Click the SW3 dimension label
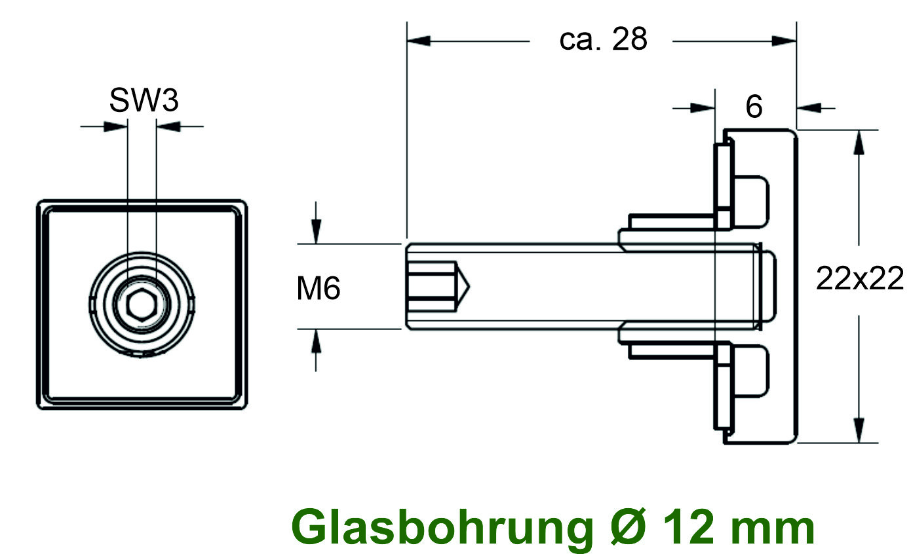pyautogui.click(x=144, y=102)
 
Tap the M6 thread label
pyautogui.click(x=319, y=288)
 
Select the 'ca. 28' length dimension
pyautogui.click(x=603, y=40)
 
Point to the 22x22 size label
pyautogui.click(x=859, y=280)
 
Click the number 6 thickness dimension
pyautogui.click(x=754, y=107)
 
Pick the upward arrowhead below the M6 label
pyautogui.click(x=316, y=342)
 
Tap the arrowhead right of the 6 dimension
pyautogui.click(x=809, y=107)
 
